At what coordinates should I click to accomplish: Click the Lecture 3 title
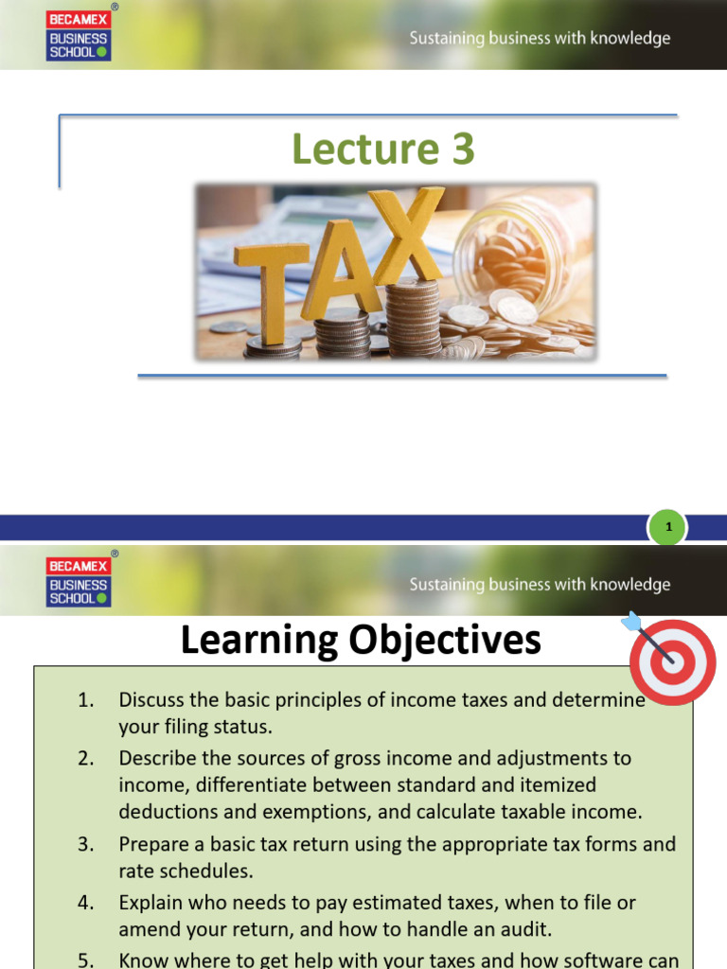[382, 150]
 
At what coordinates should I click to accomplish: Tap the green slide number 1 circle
[668, 528]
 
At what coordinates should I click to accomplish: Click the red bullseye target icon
[672, 660]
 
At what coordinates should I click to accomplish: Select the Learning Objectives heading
[361, 641]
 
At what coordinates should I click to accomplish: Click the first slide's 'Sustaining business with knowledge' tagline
[539, 39]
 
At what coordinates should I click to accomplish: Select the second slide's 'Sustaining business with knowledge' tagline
[539, 585]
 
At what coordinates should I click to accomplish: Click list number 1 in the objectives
[86, 701]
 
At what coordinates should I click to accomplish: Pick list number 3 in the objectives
[86, 844]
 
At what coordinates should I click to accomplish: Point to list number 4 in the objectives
[86, 903]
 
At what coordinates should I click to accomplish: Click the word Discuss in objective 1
[149, 701]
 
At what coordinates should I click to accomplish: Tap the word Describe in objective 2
[153, 758]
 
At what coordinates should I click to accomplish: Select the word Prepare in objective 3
[151, 844]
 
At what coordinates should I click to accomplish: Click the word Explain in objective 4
[148, 903]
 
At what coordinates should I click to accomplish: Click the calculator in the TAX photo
[284, 218]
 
